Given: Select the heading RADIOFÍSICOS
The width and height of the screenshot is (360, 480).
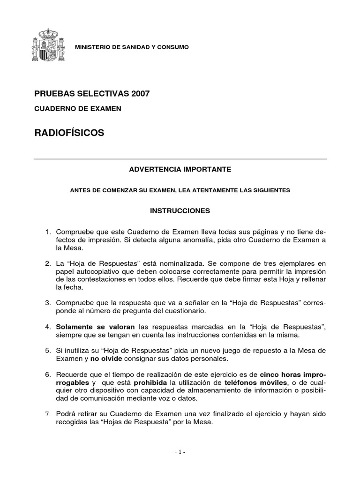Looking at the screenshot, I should [x=69, y=134].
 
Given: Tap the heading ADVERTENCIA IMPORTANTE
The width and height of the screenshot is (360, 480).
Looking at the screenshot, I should [x=180, y=169].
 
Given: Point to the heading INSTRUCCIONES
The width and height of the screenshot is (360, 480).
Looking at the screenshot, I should [x=180, y=211].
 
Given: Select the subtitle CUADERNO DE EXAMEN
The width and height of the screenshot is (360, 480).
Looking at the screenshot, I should [x=78, y=109].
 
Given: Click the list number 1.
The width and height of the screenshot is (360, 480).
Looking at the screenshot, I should [x=47, y=232].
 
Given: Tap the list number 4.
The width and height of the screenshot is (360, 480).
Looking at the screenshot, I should [x=47, y=326].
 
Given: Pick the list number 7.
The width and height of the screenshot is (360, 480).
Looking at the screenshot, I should [x=47, y=414].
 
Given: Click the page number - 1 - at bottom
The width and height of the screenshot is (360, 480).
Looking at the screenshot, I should [x=180, y=452].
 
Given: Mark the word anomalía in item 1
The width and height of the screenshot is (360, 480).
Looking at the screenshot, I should [x=225, y=240].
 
